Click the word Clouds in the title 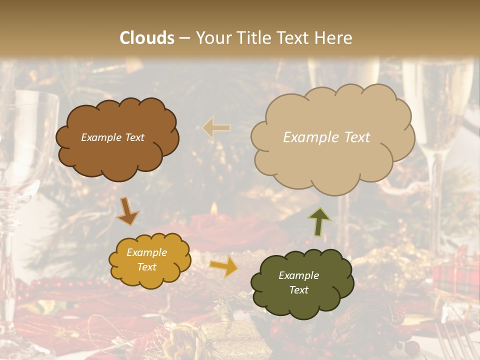coord(147,38)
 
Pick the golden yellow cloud coord(149,260)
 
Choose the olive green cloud coord(301,283)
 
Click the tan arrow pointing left coord(216,128)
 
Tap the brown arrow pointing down coord(127,210)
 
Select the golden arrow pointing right coord(223,267)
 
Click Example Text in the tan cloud coord(326,137)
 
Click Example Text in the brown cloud coord(112,137)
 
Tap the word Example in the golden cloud coord(146,252)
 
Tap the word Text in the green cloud coord(298,290)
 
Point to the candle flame coord(214,208)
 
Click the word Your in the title coord(211,38)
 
